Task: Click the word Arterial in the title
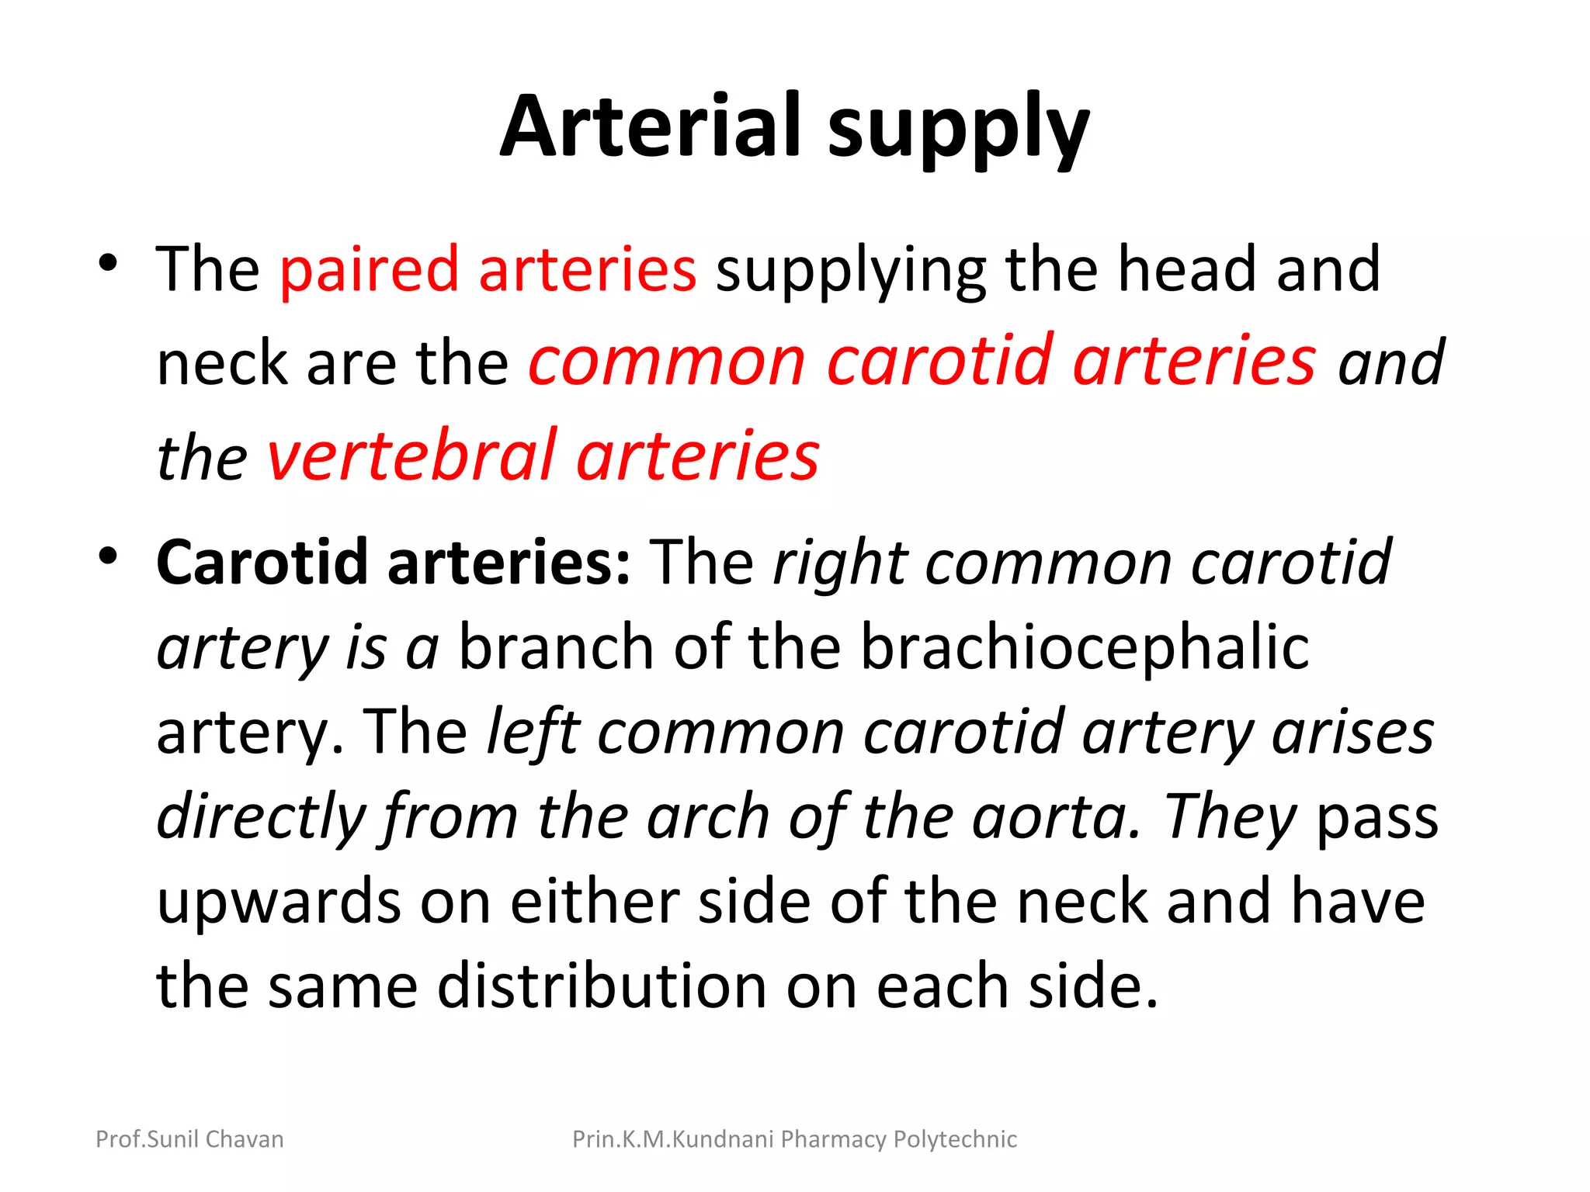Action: click(651, 126)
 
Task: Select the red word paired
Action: click(370, 270)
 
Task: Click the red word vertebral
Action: click(411, 456)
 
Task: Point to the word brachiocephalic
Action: click(1085, 647)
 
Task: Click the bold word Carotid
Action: click(262, 563)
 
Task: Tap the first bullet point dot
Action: click(108, 262)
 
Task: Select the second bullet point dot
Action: click(108, 556)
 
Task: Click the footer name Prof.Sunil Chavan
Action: click(189, 1139)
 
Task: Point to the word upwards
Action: click(279, 903)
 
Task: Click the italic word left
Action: click(533, 733)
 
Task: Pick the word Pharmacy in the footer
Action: click(834, 1139)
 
